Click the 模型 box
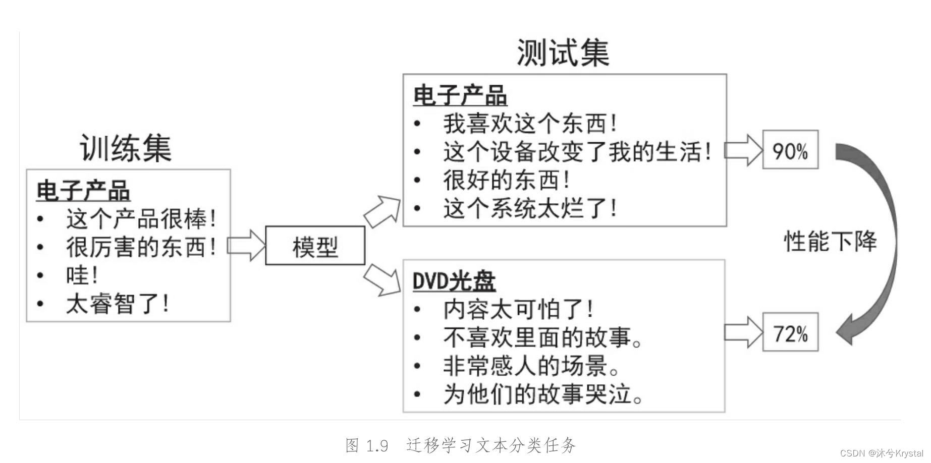coord(315,246)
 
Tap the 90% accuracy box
coord(790,150)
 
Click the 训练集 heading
coord(126,148)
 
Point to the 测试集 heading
coord(563,53)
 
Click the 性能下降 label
coord(830,241)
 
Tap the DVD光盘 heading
coord(454,281)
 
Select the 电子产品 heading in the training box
coord(83,191)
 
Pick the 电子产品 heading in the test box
coord(460,95)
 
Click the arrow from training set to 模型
coord(246,246)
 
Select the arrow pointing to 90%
coord(743,150)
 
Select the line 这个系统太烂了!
coord(530,208)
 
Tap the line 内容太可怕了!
coord(518,309)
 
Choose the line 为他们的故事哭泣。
coord(543,394)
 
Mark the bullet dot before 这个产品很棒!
coord(40,219)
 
